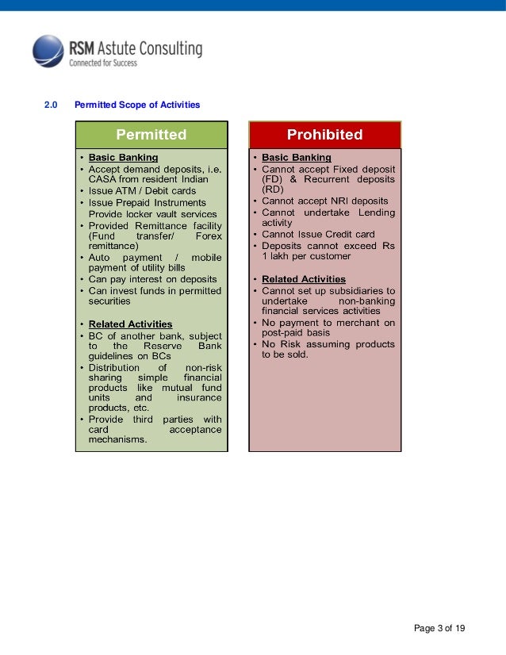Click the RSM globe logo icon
click(x=48, y=51)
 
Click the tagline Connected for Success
click(x=103, y=62)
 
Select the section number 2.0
click(x=51, y=105)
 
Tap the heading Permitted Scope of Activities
click(x=136, y=105)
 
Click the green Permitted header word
click(x=151, y=134)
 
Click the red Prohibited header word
click(x=324, y=134)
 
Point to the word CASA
click(x=102, y=179)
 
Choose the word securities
click(x=109, y=301)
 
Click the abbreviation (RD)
click(x=272, y=190)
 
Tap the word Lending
click(x=376, y=213)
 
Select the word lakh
click(x=280, y=257)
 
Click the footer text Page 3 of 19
click(x=440, y=629)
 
